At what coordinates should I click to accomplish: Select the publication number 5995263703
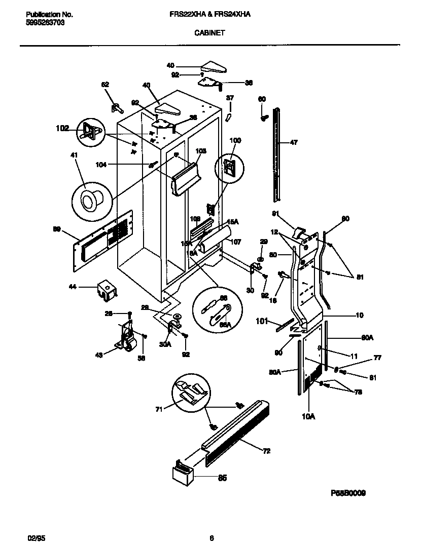point(45,23)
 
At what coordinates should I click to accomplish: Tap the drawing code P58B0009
point(348,493)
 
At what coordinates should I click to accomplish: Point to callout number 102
point(62,129)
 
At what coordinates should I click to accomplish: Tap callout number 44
point(73,287)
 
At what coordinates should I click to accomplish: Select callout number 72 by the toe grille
point(266,451)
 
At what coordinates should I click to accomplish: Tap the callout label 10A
point(308,416)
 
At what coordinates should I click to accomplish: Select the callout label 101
point(261,320)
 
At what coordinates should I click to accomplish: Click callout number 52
point(105,85)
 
